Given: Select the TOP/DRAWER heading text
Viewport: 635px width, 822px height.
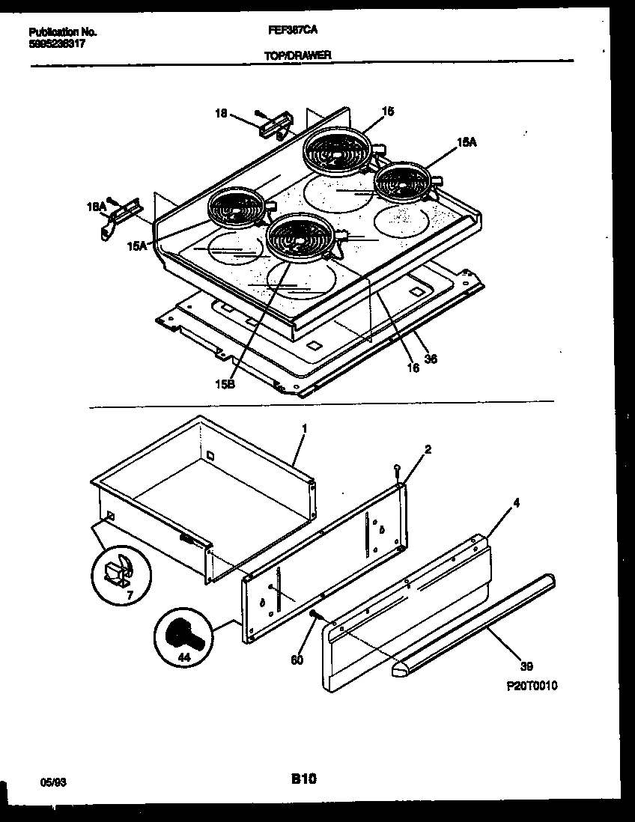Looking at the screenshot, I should pyautogui.click(x=297, y=55).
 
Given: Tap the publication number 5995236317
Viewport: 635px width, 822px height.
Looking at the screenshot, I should pyautogui.click(x=58, y=43).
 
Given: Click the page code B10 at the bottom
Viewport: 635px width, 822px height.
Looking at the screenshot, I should pyautogui.click(x=303, y=779).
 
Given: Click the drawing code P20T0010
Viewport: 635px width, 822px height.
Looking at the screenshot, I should pyautogui.click(x=531, y=684).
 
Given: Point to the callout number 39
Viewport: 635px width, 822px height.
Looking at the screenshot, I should pyautogui.click(x=526, y=666).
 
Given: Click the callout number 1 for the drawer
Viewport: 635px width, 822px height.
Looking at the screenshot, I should pyautogui.click(x=304, y=429).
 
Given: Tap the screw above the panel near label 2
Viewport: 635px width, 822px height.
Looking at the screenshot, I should pyautogui.click(x=397, y=469).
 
